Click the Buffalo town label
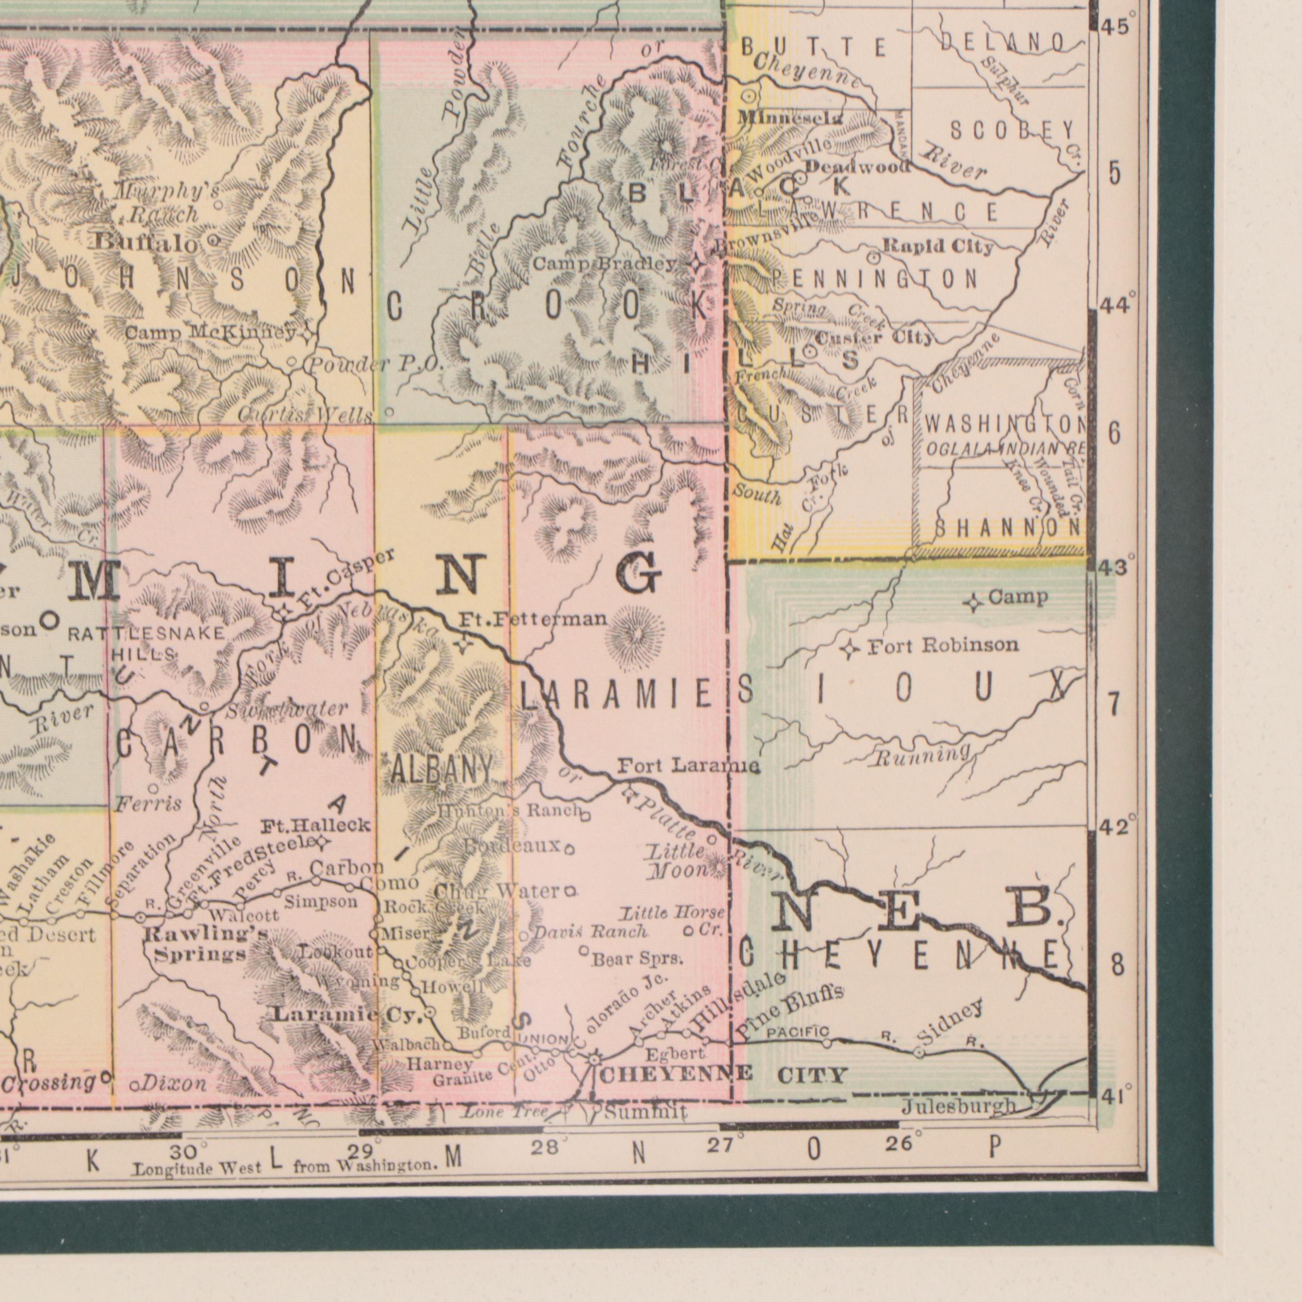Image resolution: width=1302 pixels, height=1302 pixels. click(x=146, y=241)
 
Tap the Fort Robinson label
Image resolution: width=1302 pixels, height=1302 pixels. click(x=942, y=646)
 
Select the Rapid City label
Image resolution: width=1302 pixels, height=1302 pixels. click(x=937, y=247)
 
